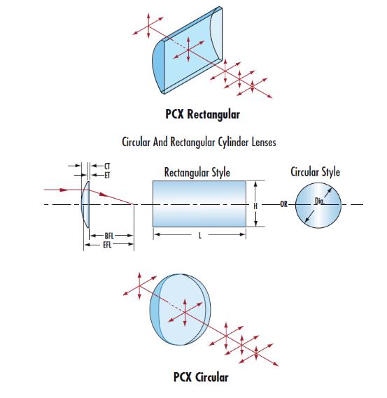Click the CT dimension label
(x=107, y=166)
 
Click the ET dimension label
(x=107, y=175)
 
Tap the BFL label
(x=109, y=236)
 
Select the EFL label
(x=107, y=245)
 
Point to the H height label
(x=255, y=206)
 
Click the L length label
(x=200, y=236)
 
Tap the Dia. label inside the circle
(x=319, y=201)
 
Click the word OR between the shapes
(x=284, y=204)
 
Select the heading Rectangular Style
(x=197, y=172)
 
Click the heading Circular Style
(x=315, y=172)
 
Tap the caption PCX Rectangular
(x=202, y=114)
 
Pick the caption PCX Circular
(x=201, y=377)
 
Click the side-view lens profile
(x=85, y=204)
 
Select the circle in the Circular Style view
(x=318, y=205)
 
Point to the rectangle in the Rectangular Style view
(x=199, y=204)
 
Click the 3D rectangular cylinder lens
(x=188, y=50)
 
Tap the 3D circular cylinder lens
(x=180, y=310)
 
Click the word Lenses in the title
(x=264, y=142)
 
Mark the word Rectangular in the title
(x=193, y=142)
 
